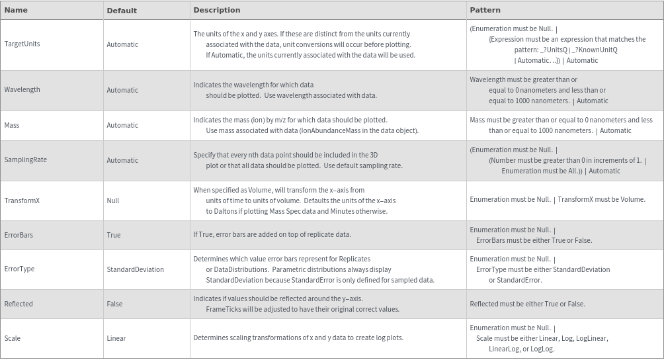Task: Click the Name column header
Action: point(16,10)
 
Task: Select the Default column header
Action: point(122,11)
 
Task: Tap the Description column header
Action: point(216,10)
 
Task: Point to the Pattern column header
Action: point(485,10)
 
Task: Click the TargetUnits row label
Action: point(22,44)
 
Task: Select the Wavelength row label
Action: point(22,90)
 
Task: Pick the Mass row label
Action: point(12,125)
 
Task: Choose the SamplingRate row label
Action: point(25,160)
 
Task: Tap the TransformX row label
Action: point(22,201)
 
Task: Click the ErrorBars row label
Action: point(19,235)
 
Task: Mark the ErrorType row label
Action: point(19,269)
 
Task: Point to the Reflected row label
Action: point(19,304)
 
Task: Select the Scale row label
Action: point(12,338)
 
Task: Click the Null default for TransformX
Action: point(113,201)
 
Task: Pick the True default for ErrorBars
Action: point(114,235)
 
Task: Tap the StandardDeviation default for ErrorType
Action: point(135,269)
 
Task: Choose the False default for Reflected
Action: point(114,304)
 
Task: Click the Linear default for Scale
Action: point(116,338)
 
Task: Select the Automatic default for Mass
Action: point(122,125)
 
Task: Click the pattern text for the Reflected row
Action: point(527,304)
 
